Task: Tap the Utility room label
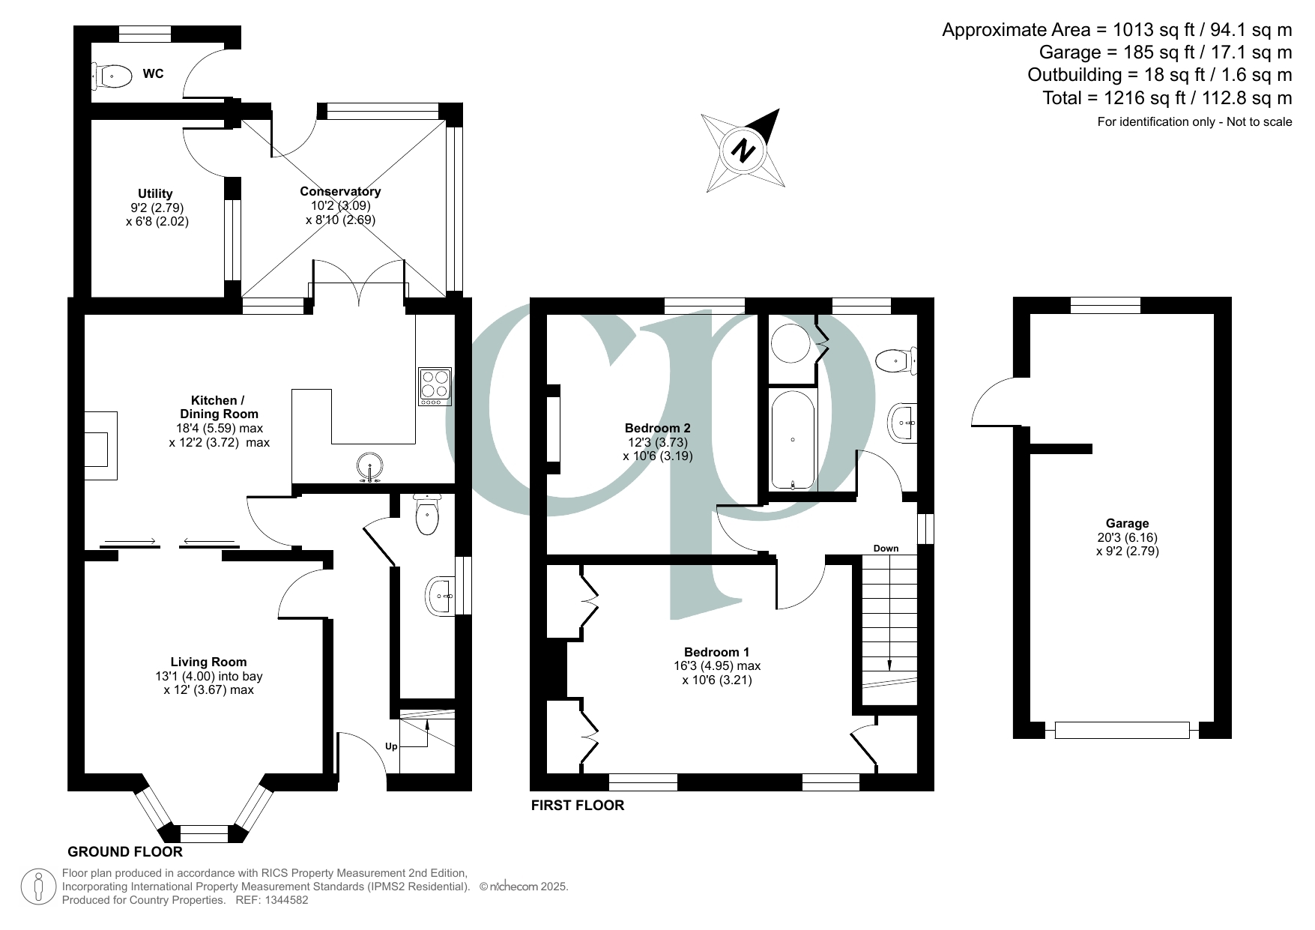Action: (x=155, y=193)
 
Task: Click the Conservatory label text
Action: (x=340, y=192)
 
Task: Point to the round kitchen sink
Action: (x=371, y=465)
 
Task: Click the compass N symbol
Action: (x=744, y=151)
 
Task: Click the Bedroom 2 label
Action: (x=657, y=428)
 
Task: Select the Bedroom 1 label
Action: (x=716, y=652)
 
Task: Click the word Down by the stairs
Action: (x=886, y=549)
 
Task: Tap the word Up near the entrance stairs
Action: (x=391, y=746)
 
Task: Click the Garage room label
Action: (x=1126, y=524)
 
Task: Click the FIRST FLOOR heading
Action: (x=577, y=806)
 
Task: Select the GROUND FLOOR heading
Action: (x=125, y=852)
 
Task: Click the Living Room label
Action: (x=208, y=662)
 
